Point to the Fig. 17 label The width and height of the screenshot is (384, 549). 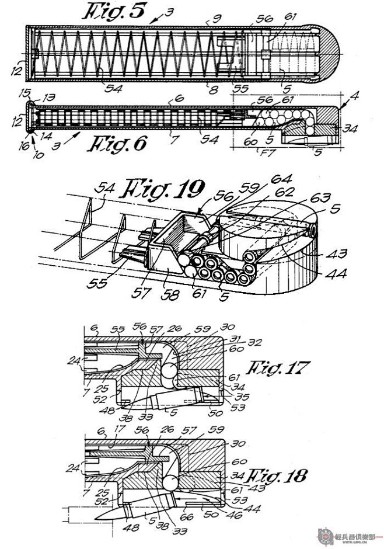coord(277,368)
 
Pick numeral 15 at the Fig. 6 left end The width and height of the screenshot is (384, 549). coord(24,93)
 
